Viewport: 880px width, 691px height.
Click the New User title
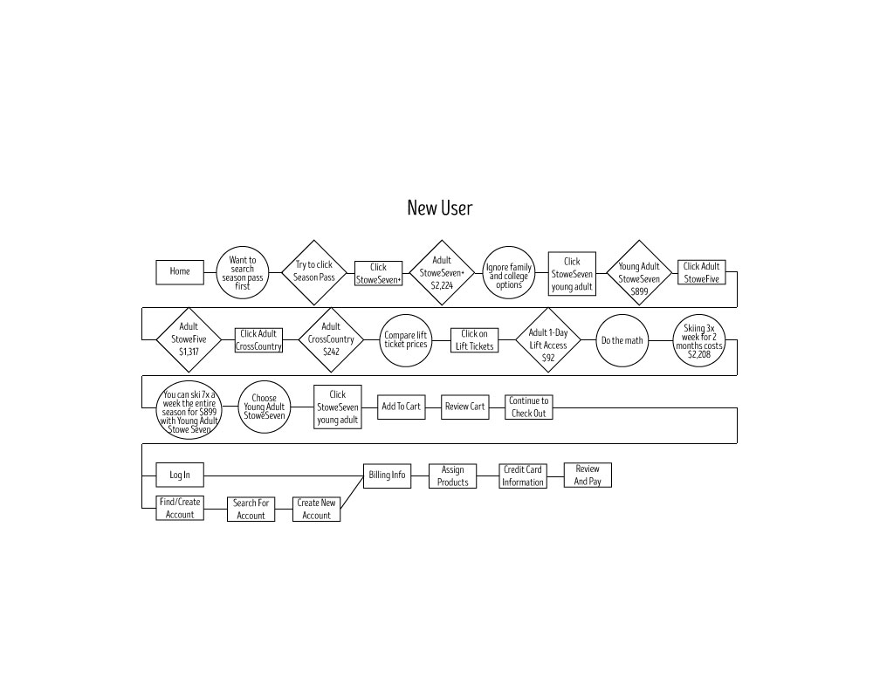tap(440, 208)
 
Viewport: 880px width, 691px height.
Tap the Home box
tap(180, 271)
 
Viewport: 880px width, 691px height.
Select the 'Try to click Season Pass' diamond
tap(313, 271)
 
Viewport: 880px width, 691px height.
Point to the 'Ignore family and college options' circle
tap(508, 272)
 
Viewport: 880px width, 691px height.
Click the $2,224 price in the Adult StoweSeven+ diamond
tap(442, 284)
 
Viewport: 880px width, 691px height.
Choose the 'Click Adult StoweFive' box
tap(701, 272)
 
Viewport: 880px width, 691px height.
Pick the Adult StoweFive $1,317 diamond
tap(189, 339)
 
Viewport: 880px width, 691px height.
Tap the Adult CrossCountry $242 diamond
tap(331, 339)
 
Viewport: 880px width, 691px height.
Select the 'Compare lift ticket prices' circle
tap(406, 339)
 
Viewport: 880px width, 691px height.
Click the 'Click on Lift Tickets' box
tap(474, 339)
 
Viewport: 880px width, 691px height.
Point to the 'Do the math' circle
tap(621, 339)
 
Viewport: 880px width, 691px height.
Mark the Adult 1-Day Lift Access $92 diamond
tap(548, 339)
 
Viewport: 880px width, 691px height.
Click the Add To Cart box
tap(401, 407)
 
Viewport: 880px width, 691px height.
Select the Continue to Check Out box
tap(528, 407)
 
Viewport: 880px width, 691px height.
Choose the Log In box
tap(180, 475)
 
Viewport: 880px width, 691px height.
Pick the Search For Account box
tap(251, 509)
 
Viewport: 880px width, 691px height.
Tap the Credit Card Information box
tap(523, 475)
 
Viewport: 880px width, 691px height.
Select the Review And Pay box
tap(588, 475)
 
